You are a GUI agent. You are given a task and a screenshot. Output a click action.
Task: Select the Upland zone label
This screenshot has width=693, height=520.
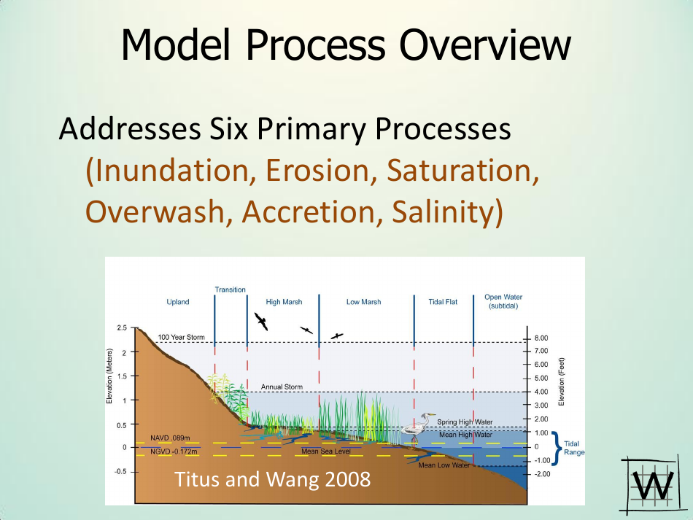[x=177, y=302]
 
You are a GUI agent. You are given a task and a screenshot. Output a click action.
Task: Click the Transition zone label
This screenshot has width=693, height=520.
[x=230, y=290]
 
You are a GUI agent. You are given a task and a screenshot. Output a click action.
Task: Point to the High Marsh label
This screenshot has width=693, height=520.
[x=284, y=302]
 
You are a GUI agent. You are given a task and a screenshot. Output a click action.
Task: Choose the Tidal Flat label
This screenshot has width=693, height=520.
[x=443, y=302]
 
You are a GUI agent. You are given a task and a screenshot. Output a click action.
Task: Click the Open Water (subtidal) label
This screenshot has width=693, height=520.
[x=503, y=301]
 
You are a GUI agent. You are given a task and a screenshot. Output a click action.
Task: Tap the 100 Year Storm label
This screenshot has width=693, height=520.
[x=182, y=337]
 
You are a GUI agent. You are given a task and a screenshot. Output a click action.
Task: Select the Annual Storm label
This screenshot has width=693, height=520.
[x=282, y=387]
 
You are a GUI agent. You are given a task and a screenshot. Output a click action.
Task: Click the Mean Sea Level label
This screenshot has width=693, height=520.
[x=326, y=451]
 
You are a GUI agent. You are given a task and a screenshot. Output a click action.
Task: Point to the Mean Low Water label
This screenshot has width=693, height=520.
[x=444, y=465]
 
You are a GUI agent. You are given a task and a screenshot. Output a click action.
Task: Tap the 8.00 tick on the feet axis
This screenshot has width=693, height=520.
[x=541, y=338]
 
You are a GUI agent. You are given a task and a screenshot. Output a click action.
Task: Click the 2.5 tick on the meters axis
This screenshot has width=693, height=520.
[x=121, y=328]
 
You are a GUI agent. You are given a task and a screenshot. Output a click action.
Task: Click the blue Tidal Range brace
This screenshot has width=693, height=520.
[x=557, y=447]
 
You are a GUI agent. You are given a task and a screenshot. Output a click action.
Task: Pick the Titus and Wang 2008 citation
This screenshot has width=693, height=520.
[x=271, y=480]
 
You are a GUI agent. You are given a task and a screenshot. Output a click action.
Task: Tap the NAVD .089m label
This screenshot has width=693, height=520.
[x=170, y=438]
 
